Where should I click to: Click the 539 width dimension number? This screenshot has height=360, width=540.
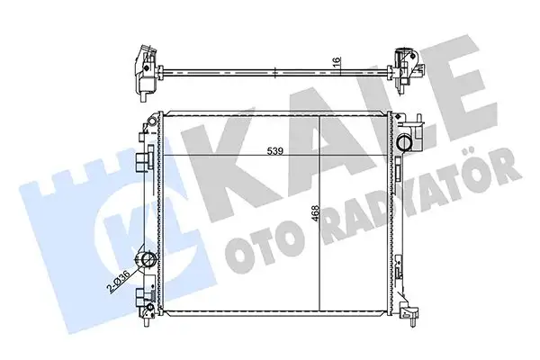(276, 151)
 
